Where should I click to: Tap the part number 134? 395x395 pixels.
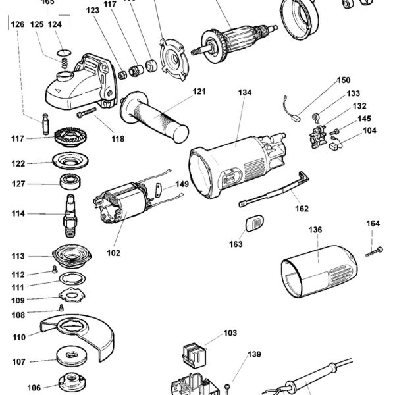coord(245,93)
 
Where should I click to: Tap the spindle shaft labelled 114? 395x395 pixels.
coord(69,213)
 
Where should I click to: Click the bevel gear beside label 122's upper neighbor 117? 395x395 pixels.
coord(66,139)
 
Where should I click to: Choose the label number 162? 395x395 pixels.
coord(302,209)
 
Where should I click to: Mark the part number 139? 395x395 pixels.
coord(254,354)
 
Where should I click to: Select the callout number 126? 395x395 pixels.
coord(18,24)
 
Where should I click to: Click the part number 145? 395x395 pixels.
coord(364,118)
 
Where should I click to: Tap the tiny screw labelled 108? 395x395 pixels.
coord(61,308)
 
